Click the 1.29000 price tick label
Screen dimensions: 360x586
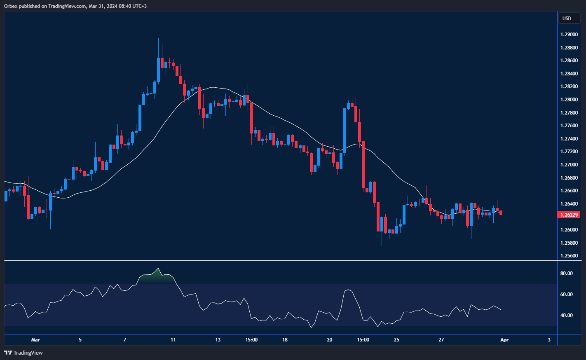[x=569, y=35]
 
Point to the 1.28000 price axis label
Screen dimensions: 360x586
[x=569, y=100]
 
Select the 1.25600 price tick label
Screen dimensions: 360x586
[x=569, y=256]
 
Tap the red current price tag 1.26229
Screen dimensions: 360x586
[x=569, y=215]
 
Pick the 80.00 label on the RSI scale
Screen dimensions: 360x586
[x=567, y=274]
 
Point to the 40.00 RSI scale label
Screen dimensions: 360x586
[x=567, y=316]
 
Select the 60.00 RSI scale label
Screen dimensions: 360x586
[x=567, y=295]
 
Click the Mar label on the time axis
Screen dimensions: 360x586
[x=35, y=340]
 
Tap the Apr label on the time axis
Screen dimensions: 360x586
[x=504, y=340]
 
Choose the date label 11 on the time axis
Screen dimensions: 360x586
[x=173, y=340]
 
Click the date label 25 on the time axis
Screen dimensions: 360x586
[x=396, y=340]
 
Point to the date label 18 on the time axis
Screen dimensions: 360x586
[x=285, y=340]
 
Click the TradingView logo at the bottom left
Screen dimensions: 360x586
[x=23, y=353]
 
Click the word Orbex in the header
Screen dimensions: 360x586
[x=10, y=6]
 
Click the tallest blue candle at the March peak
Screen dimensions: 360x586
[x=158, y=69]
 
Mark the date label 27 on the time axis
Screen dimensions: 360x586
[x=441, y=340]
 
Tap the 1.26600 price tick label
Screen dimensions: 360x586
[x=569, y=191]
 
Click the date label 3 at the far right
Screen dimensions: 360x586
[x=549, y=340]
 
